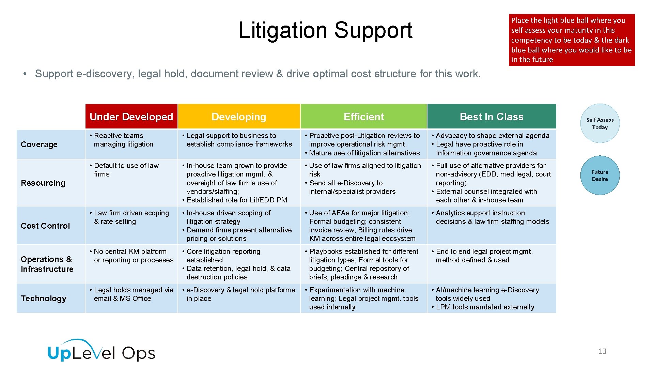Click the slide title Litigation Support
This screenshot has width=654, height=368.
(x=325, y=30)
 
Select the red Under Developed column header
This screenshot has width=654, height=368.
(x=131, y=117)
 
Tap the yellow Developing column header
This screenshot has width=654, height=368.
(x=239, y=117)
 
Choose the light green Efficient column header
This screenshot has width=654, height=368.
(x=363, y=117)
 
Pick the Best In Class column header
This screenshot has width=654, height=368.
(x=492, y=117)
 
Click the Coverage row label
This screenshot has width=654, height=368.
(x=39, y=144)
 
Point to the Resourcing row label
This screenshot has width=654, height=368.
(x=43, y=183)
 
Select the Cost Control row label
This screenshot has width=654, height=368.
(x=45, y=226)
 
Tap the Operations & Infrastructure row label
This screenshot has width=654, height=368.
(x=47, y=264)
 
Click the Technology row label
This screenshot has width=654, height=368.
(x=44, y=298)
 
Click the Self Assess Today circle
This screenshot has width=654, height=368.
(x=600, y=123)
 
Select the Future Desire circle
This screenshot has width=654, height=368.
(x=600, y=175)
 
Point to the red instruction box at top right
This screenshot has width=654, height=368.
(x=572, y=40)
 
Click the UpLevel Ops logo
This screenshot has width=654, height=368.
(x=102, y=351)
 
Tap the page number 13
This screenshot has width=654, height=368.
(x=602, y=351)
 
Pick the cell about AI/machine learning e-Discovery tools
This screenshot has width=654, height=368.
(x=492, y=298)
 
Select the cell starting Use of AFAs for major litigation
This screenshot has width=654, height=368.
(x=363, y=226)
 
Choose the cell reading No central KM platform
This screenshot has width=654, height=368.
(x=131, y=263)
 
